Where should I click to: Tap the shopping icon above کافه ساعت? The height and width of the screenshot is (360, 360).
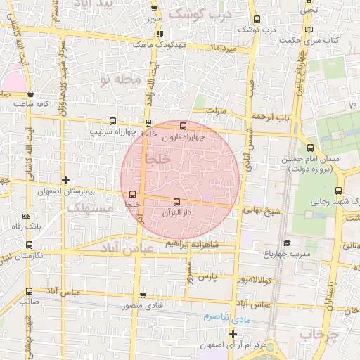point(30,94)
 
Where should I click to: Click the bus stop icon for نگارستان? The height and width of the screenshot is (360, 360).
point(28,245)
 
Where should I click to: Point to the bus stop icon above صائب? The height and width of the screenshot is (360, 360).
point(29,291)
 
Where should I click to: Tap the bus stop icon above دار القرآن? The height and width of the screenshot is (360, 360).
point(176,203)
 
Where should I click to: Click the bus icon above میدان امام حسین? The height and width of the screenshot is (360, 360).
point(311,147)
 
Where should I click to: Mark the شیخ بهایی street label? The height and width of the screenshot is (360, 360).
point(257,210)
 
